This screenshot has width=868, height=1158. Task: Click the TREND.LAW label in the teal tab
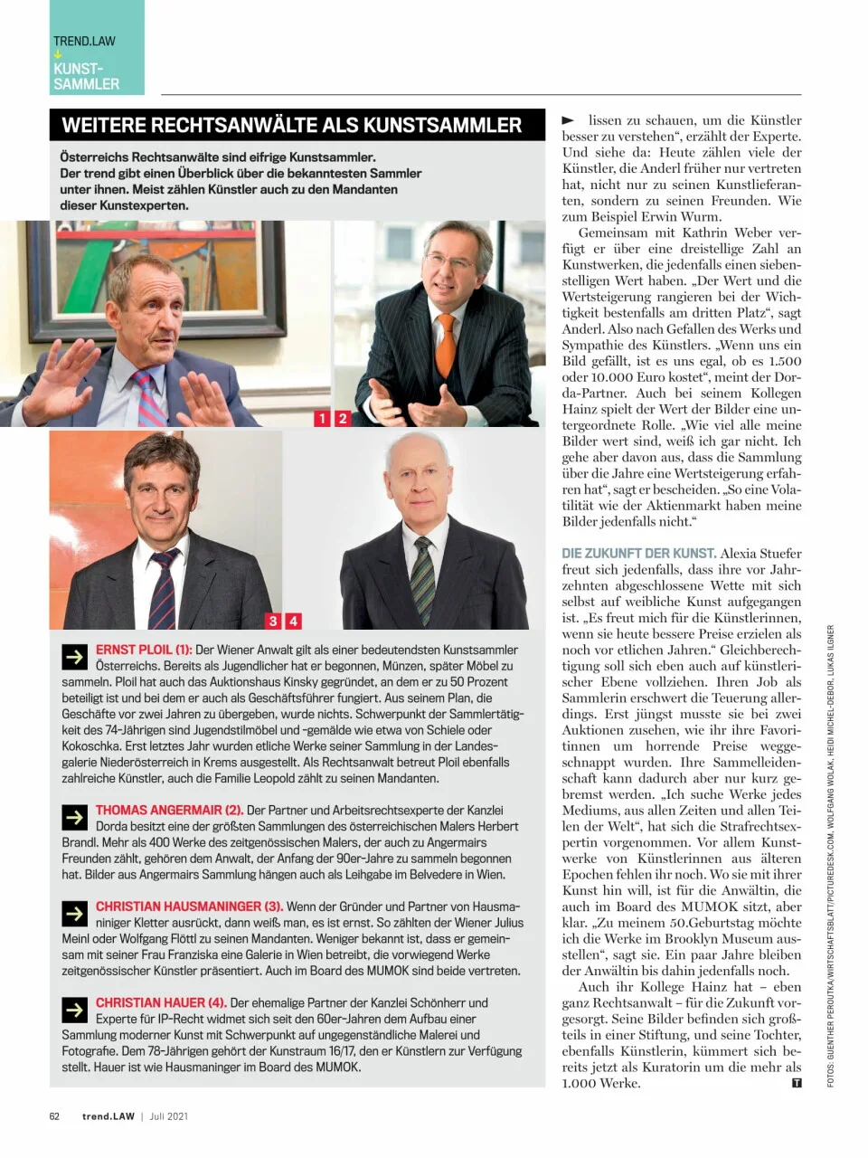click(84, 41)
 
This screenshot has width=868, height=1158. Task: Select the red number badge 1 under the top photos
click(323, 418)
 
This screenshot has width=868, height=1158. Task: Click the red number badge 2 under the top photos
click(343, 418)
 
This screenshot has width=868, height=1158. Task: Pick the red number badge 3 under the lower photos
click(273, 621)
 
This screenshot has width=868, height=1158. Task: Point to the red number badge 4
click(293, 621)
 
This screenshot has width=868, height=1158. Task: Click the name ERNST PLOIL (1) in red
click(144, 650)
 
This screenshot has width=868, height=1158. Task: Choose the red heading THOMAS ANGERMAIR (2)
click(169, 811)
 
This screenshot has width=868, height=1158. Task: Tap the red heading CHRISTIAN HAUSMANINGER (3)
click(189, 906)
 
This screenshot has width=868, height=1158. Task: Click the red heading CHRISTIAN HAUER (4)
click(161, 1002)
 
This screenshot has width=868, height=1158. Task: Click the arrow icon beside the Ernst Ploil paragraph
click(74, 657)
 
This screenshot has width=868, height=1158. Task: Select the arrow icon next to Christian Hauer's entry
click(74, 1010)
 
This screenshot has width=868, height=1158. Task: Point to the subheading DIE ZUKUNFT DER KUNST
click(638, 553)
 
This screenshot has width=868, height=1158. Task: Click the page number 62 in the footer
click(54, 1116)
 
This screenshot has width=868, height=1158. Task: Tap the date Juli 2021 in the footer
click(169, 1116)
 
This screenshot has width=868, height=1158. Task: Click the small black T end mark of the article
click(796, 1082)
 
